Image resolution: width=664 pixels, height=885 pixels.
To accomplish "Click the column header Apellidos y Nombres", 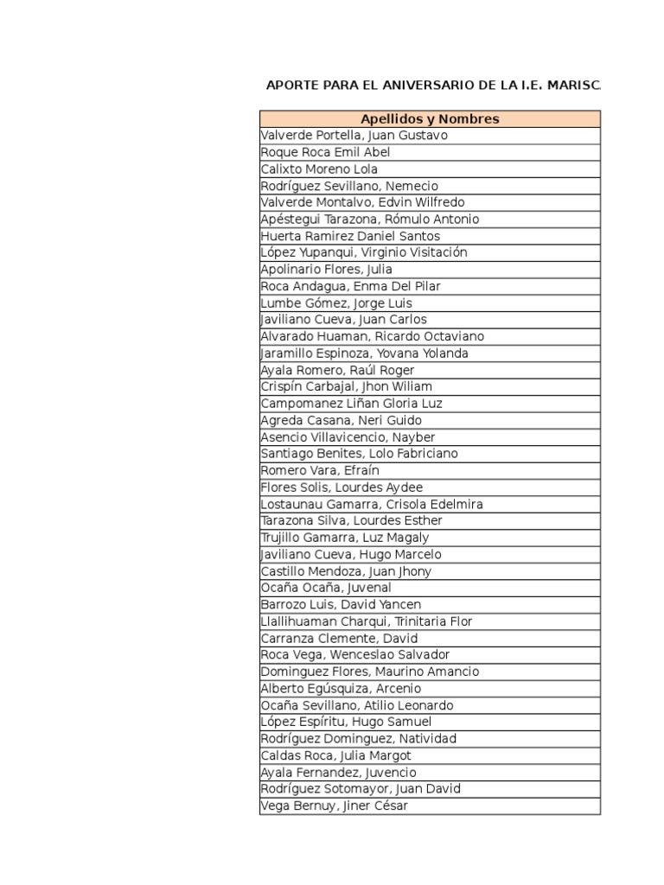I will click(430, 119).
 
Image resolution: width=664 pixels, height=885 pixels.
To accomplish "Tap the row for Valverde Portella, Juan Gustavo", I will click(354, 136).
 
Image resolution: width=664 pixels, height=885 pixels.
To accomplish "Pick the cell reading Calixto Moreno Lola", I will click(319, 169).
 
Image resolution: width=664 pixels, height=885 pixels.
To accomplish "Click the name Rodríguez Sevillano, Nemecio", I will click(349, 186).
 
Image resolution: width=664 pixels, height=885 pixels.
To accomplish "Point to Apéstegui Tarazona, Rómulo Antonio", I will click(369, 220).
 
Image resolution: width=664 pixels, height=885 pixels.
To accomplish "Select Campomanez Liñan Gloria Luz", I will click(351, 404).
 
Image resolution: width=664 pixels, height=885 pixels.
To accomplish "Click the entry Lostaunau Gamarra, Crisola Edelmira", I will click(372, 504).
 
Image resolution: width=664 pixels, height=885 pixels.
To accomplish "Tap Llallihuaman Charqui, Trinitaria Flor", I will click(367, 621).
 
